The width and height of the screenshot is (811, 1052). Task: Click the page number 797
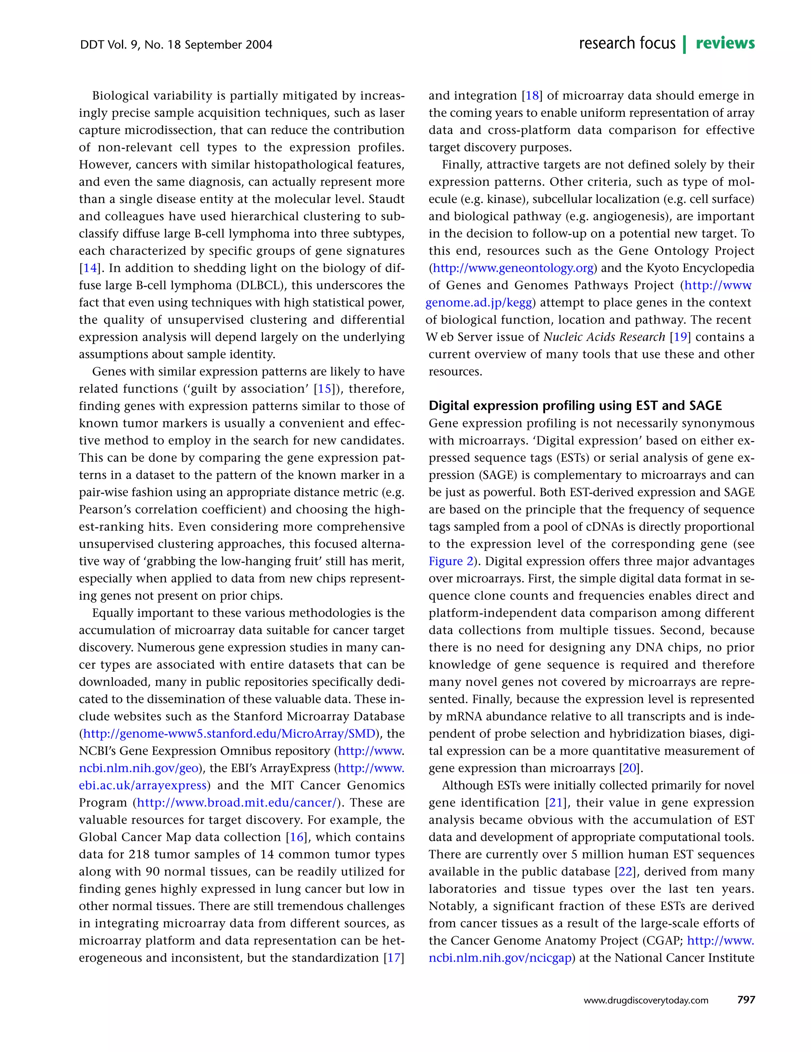[746, 1000]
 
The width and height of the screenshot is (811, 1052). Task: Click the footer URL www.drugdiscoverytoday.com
[645, 1000]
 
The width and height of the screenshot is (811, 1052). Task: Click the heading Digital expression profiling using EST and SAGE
[575, 405]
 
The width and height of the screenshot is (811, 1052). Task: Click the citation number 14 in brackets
[90, 268]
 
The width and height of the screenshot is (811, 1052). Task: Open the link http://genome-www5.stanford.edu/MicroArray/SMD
[229, 734]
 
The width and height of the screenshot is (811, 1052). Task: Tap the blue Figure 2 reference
[451, 561]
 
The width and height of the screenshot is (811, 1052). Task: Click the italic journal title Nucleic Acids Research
[604, 337]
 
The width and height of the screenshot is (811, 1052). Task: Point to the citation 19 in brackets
[680, 337]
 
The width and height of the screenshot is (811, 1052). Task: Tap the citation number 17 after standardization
[394, 958]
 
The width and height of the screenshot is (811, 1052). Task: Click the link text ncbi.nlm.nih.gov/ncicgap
[500, 958]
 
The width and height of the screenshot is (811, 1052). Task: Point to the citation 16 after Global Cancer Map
[296, 837]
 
